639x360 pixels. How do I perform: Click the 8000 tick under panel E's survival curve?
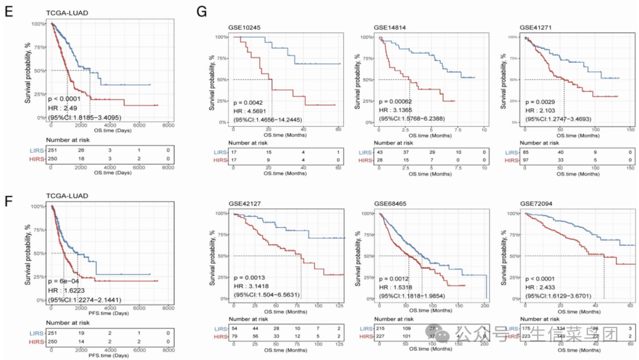(x=168, y=125)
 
